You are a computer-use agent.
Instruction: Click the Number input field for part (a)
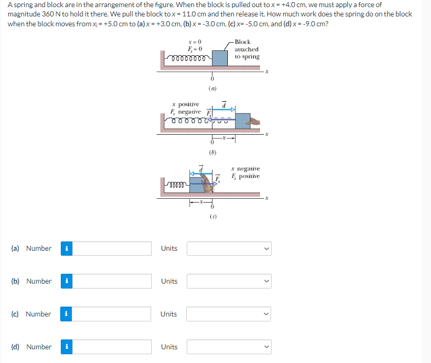(x=112, y=249)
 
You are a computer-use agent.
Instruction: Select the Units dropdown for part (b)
(x=229, y=281)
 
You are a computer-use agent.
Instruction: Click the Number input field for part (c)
(x=112, y=314)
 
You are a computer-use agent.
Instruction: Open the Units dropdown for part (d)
(x=229, y=347)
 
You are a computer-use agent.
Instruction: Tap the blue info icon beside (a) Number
(x=66, y=249)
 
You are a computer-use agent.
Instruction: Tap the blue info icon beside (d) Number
(x=66, y=347)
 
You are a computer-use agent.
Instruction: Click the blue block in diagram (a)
(x=220, y=57)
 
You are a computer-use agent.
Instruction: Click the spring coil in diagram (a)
(x=188, y=57)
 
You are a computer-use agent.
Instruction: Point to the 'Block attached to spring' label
(x=246, y=49)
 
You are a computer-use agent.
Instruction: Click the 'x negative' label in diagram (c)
(x=245, y=169)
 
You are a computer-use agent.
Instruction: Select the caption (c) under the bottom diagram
(x=212, y=217)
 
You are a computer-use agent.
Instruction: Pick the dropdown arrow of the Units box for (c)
(x=266, y=314)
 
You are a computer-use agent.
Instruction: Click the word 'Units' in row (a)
(x=169, y=249)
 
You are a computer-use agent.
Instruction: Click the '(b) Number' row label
(x=31, y=281)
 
